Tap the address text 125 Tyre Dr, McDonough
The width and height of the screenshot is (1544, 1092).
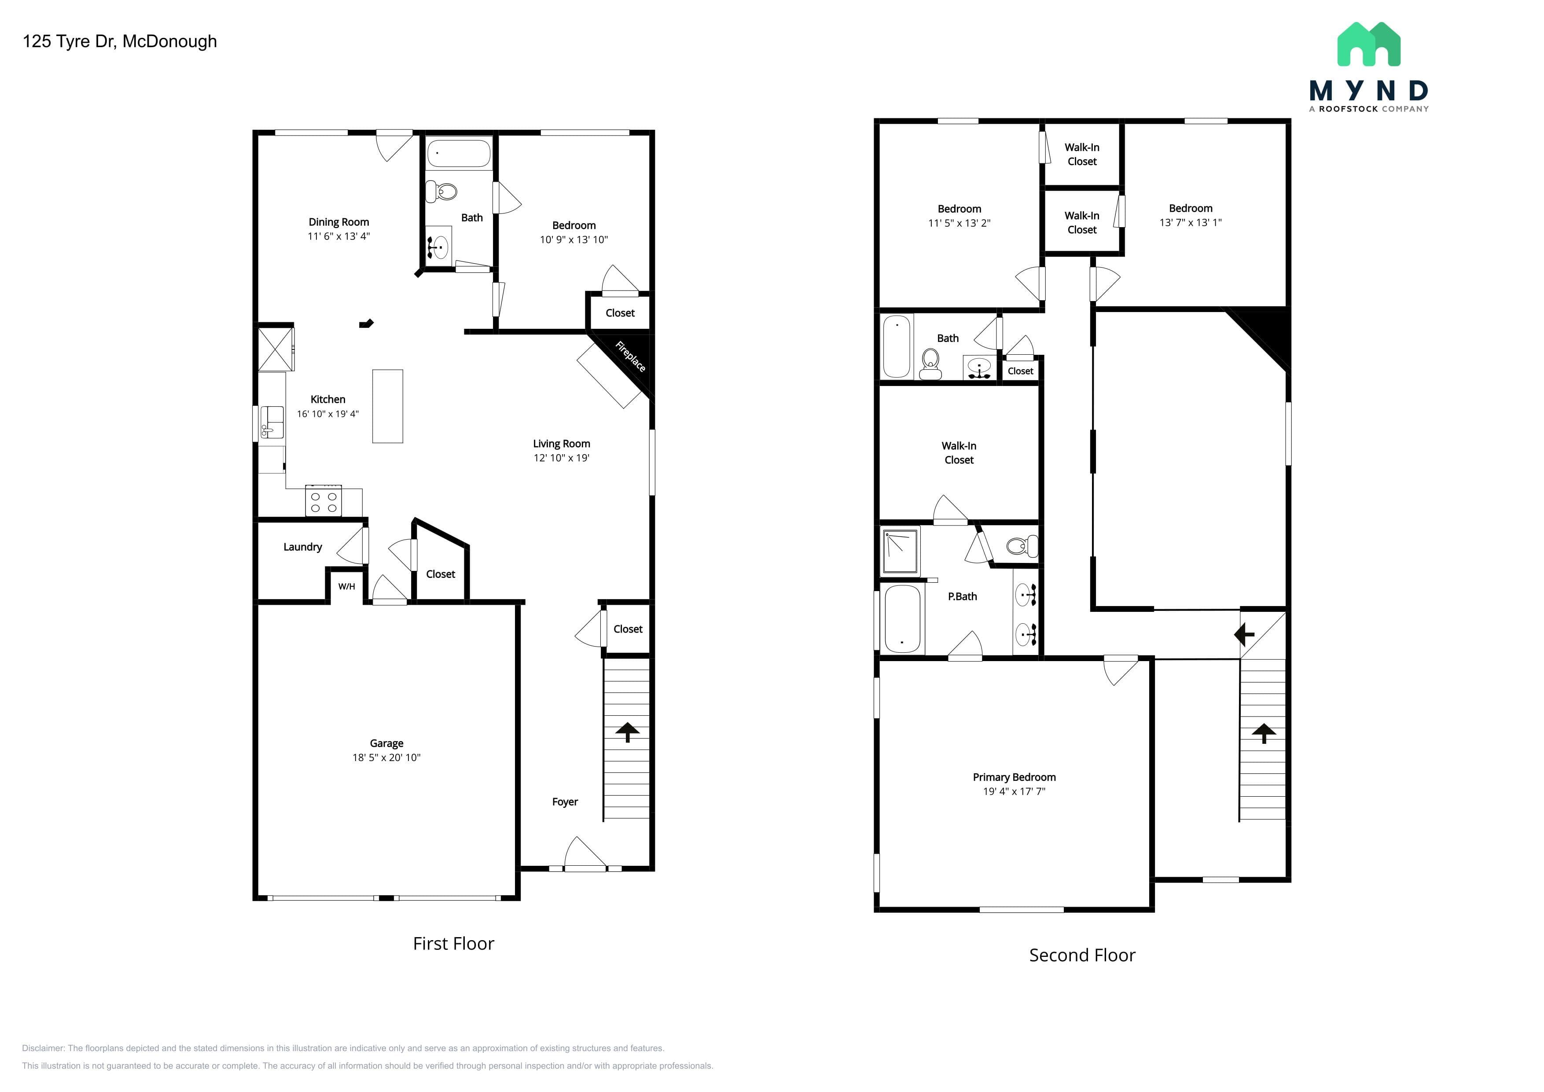pyautogui.click(x=120, y=42)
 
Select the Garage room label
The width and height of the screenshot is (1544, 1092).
pyautogui.click(x=387, y=743)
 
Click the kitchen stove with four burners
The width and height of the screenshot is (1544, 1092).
pyautogui.click(x=324, y=501)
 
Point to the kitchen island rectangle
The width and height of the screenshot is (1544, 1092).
pyautogui.click(x=388, y=406)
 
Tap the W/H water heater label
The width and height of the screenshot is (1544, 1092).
pyautogui.click(x=346, y=586)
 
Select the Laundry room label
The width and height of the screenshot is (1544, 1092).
pyautogui.click(x=303, y=547)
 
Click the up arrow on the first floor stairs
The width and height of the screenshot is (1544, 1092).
pyautogui.click(x=628, y=732)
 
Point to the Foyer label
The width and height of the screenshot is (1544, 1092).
pyautogui.click(x=565, y=802)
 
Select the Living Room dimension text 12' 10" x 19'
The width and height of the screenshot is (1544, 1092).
pyautogui.click(x=562, y=458)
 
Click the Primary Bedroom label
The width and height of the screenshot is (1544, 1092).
pyautogui.click(x=1014, y=777)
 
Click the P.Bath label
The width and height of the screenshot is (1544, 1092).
pyautogui.click(x=962, y=596)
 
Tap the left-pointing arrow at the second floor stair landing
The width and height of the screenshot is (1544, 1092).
pyautogui.click(x=1244, y=634)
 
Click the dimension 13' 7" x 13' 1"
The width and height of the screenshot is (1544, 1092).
pyautogui.click(x=1190, y=223)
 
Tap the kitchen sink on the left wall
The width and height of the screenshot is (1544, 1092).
pyautogui.click(x=272, y=422)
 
